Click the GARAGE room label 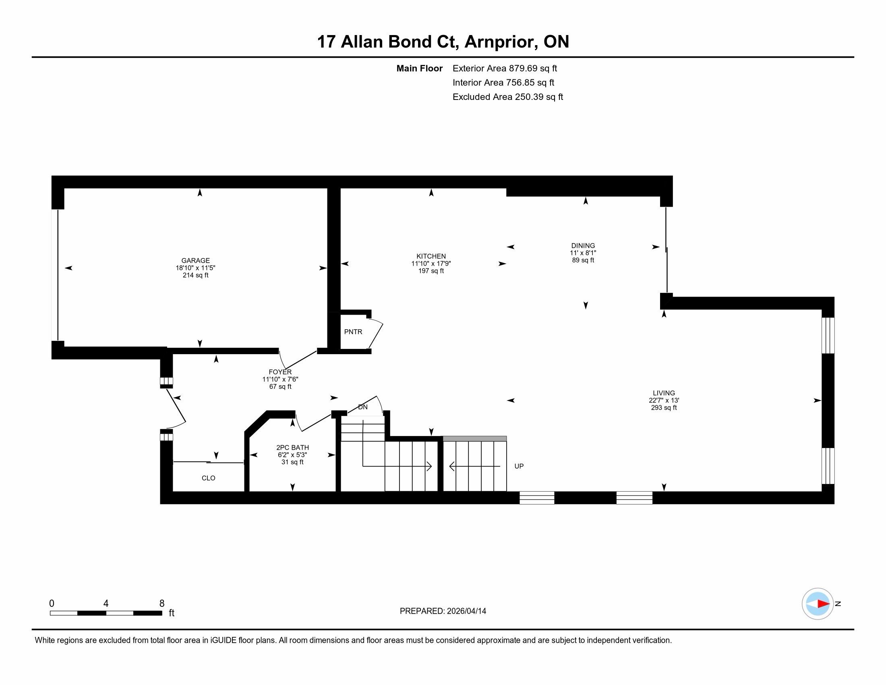pyautogui.click(x=196, y=261)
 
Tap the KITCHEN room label pyautogui.click(x=431, y=256)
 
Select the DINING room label pyautogui.click(x=583, y=245)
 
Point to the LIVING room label pyautogui.click(x=664, y=393)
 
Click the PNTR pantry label pyautogui.click(x=353, y=332)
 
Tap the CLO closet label pyautogui.click(x=208, y=478)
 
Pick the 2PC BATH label pyautogui.click(x=292, y=447)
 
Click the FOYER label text pyautogui.click(x=280, y=372)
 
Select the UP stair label pyautogui.click(x=519, y=466)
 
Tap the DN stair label pyautogui.click(x=363, y=407)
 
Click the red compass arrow pyautogui.click(x=823, y=604)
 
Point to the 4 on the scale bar pyautogui.click(x=106, y=604)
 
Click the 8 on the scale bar pyautogui.click(x=162, y=604)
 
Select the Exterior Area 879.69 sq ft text pyautogui.click(x=505, y=68)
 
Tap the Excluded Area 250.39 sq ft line pyautogui.click(x=508, y=97)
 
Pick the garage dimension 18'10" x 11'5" pyautogui.click(x=196, y=268)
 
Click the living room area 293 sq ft pyautogui.click(x=664, y=407)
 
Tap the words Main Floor pyautogui.click(x=420, y=68)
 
